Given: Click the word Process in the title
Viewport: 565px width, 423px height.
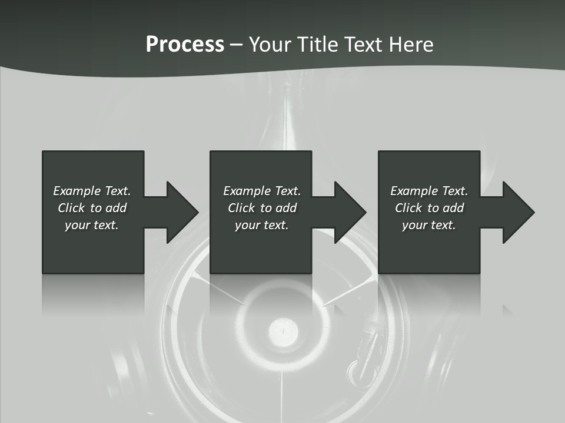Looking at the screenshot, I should point(185,45).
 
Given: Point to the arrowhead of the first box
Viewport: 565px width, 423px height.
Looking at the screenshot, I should point(182,212).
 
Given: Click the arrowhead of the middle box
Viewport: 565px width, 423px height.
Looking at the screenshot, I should point(350,212).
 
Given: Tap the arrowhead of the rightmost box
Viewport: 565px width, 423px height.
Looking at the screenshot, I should point(518,212).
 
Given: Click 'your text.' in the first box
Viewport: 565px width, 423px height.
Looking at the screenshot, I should point(92,225).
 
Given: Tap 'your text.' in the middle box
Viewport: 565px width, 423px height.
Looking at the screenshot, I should point(262,225).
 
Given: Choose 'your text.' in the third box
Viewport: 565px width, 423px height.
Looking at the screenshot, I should point(429,225).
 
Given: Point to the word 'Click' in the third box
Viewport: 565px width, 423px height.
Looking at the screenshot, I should point(408,208).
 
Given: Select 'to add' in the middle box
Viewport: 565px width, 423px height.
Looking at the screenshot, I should point(278,208).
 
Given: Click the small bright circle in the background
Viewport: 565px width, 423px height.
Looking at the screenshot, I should point(283,332).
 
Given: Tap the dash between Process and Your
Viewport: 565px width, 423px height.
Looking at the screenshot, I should point(236,45).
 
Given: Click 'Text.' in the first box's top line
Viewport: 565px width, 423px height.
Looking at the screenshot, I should point(118,191).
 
